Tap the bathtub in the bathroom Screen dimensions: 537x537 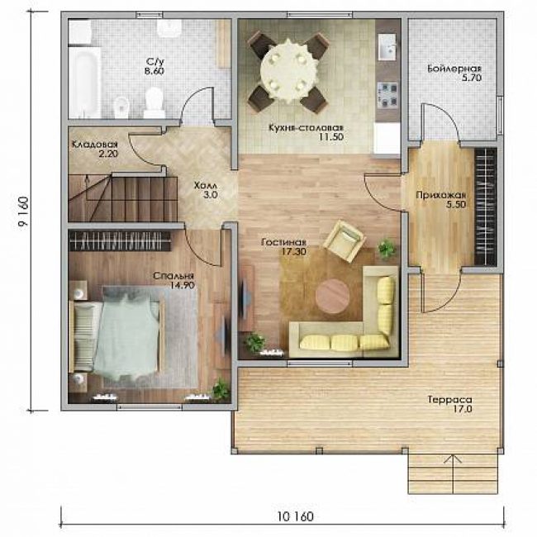coord(84,82)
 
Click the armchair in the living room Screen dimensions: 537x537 coord(344,241)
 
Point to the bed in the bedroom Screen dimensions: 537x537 coord(116,336)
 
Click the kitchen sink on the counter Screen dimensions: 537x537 coord(387,46)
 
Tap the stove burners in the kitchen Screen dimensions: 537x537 coord(387,94)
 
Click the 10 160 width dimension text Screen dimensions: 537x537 coord(295,516)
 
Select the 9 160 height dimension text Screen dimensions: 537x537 coord(23,212)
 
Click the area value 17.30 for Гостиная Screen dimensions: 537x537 coord(294,252)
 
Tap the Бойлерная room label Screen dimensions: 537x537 coord(454,69)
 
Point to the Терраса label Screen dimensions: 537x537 coord(449,399)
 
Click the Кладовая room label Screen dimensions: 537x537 coord(95,145)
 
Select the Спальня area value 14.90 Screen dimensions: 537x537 coord(183,285)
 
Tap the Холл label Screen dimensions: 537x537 coord(206,186)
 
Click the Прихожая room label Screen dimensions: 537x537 coord(441,195)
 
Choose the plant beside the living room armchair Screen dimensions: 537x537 coord(387,249)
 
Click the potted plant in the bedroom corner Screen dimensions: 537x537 coord(221,389)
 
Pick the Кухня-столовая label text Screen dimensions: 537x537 coord(306,128)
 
